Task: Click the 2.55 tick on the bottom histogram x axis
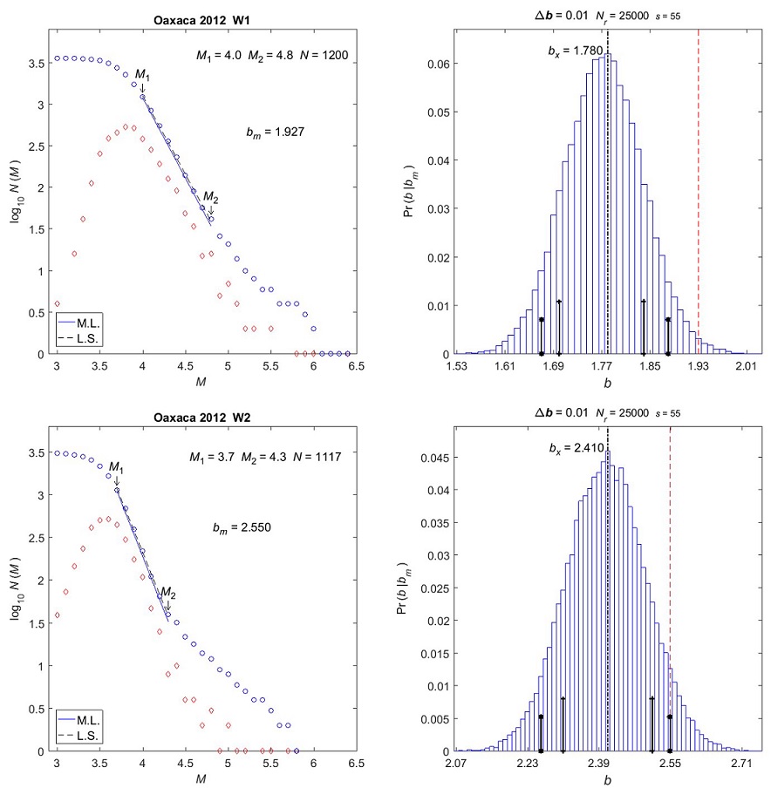point(670,764)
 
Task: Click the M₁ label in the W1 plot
point(142,78)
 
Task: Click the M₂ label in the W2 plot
point(168,594)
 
